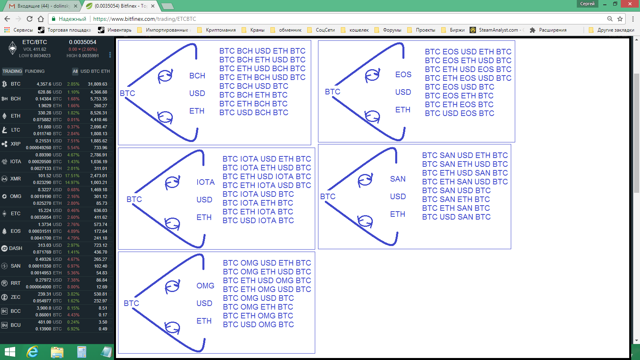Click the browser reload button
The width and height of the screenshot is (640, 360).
pos(30,19)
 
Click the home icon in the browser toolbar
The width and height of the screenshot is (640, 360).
pos(41,19)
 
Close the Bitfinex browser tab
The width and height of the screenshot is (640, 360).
pos(153,6)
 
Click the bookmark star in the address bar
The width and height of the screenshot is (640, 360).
pos(620,19)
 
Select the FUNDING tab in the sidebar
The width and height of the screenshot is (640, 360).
pos(34,71)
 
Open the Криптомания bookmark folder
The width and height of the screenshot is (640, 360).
pos(220,30)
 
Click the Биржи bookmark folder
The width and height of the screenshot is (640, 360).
pos(457,30)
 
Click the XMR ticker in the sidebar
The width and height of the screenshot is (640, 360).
pos(16,179)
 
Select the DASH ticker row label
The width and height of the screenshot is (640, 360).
pos(16,248)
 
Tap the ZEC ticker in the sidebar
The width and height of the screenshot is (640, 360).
pos(16,297)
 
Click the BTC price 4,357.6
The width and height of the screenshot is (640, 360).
pos(44,84)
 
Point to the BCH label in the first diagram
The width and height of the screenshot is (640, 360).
pos(197,76)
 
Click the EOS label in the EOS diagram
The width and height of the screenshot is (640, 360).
pos(403,74)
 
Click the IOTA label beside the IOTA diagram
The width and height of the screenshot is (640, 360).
pos(206,182)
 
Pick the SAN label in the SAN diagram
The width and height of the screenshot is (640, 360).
pos(398,179)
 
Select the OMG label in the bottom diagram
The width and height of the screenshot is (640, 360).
pos(205,286)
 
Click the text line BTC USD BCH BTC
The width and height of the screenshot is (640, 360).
pos(254,112)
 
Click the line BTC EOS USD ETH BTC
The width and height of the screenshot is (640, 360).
pos(468,52)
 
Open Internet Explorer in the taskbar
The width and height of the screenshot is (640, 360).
pos(32,352)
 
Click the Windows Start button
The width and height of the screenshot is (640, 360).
pos(10,352)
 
